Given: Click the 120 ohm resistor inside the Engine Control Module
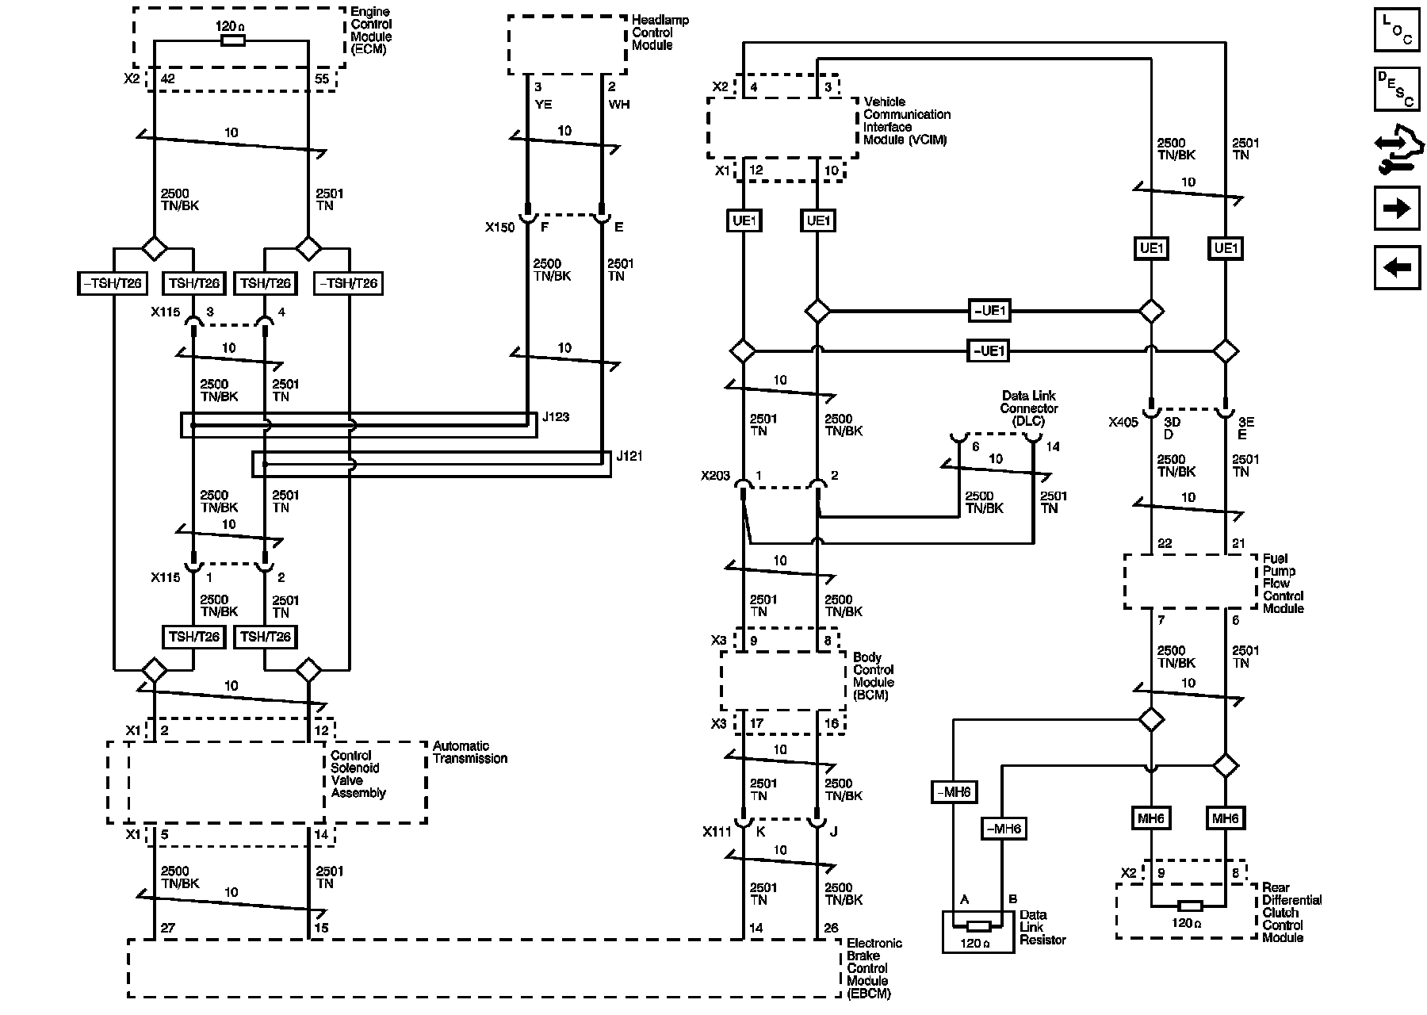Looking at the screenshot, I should tap(231, 41).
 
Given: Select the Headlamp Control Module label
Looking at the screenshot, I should tap(660, 33).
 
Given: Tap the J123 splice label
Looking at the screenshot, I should tap(556, 417).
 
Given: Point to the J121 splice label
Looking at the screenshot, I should tap(629, 456).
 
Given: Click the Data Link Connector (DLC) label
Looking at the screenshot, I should tap(1028, 408).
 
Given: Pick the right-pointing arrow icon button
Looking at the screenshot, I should tap(1396, 209).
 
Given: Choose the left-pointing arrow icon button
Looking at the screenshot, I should tap(1396, 267).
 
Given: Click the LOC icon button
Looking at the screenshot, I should tap(1396, 31).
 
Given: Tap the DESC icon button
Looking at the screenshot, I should tap(1396, 89).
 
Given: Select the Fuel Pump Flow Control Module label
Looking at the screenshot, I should tap(1283, 584).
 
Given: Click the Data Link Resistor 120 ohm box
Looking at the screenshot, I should tap(979, 931).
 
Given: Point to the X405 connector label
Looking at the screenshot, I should tap(1123, 423).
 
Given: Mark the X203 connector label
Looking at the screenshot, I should tap(715, 477).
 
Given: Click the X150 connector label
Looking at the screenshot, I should tap(500, 228).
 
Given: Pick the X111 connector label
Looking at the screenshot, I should tap(717, 832).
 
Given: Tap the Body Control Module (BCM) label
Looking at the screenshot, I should tap(873, 676).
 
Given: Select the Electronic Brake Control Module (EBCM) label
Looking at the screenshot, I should tap(874, 968).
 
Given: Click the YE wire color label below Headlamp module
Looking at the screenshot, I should tap(543, 104).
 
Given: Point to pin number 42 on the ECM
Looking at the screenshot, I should tap(168, 79).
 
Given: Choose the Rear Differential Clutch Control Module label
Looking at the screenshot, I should tap(1291, 913).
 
